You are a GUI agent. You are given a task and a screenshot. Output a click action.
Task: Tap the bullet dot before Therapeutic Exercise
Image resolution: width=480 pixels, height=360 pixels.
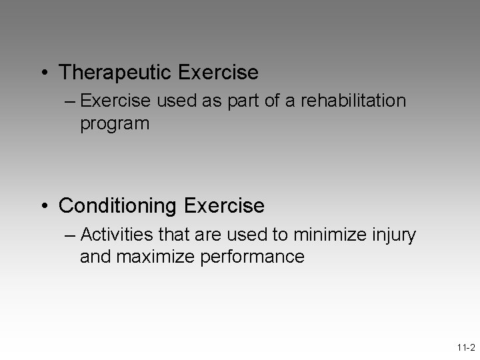pos(45,71)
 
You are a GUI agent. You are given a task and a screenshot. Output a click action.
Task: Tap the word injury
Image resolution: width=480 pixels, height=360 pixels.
pos(395,235)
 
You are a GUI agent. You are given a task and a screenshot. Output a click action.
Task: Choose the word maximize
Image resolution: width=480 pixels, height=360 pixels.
pos(157,257)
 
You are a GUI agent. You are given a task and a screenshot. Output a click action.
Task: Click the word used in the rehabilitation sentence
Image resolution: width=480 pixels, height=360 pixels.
pos(173,101)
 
